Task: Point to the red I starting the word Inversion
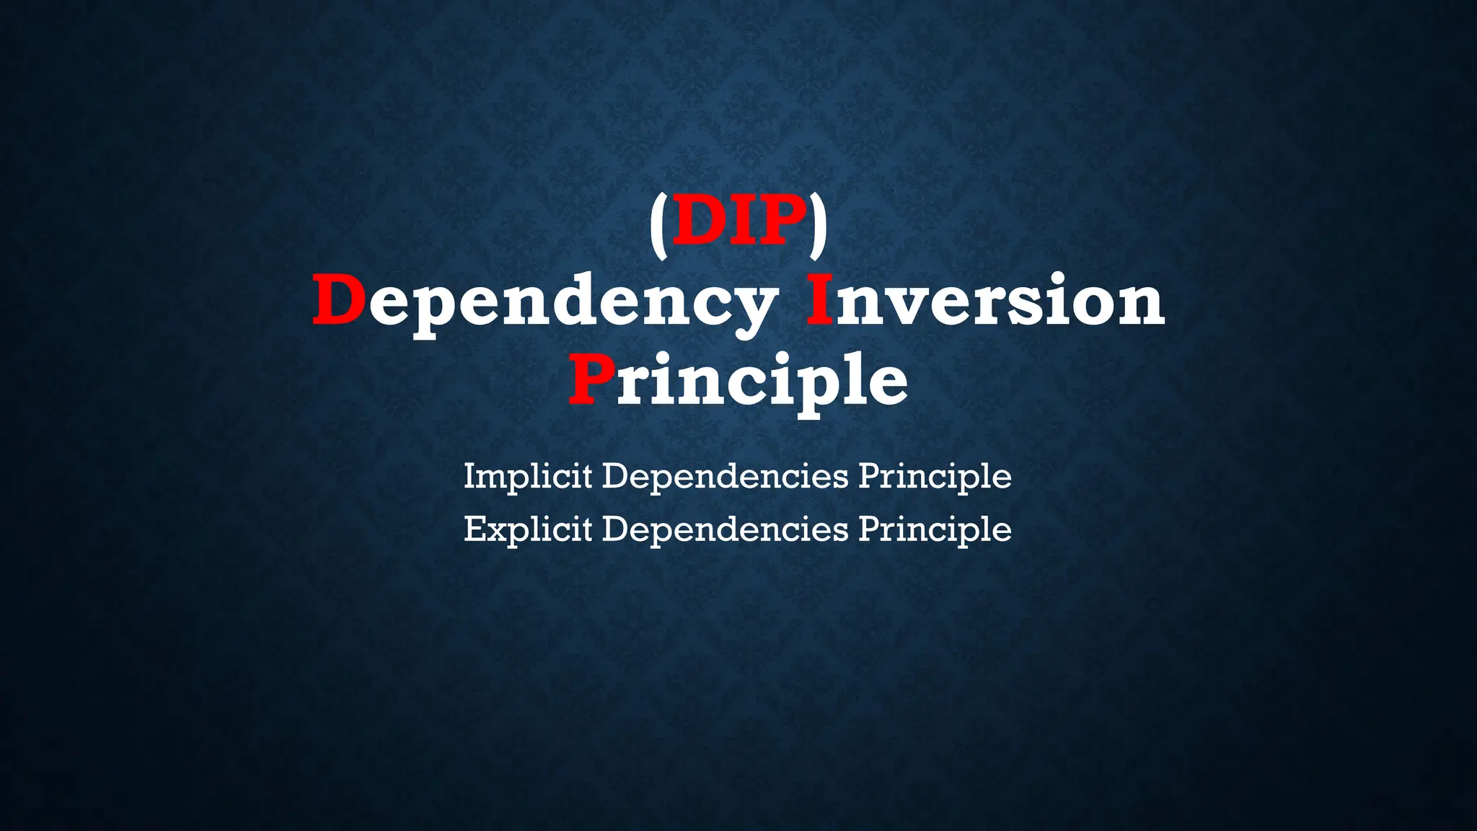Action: point(819,300)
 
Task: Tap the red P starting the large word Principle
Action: point(592,379)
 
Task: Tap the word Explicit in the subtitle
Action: point(528,530)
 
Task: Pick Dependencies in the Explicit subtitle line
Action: point(725,530)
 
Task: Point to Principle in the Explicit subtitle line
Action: point(935,530)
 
